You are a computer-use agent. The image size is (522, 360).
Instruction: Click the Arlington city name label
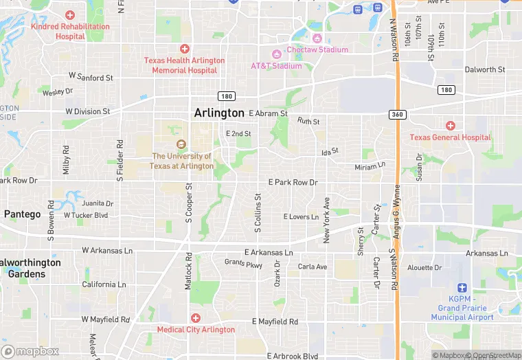point(219,113)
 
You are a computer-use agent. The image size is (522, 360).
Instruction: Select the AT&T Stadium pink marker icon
point(276,54)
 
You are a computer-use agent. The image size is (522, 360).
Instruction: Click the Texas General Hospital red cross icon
point(451,125)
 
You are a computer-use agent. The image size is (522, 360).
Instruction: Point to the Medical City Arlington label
point(196,329)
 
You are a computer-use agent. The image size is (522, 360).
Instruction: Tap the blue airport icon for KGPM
point(462,288)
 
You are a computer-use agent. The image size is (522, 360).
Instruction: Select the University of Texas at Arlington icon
point(182,144)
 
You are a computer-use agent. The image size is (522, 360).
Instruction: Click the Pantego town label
point(22,214)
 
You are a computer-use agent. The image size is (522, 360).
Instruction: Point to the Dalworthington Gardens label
point(30,268)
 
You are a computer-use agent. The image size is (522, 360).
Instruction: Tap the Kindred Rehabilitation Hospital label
point(70,31)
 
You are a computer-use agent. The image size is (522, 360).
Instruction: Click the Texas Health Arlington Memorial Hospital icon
point(184,48)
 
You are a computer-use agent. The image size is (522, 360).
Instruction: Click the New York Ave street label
point(327,220)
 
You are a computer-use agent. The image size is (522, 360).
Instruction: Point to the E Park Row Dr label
point(293,182)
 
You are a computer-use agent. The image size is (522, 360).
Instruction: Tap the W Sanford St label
point(91,78)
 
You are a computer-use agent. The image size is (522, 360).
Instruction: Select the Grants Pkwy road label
point(243,262)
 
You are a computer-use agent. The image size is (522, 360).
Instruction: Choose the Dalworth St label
point(484,70)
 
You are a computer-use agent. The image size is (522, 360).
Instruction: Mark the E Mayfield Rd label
point(275,322)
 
